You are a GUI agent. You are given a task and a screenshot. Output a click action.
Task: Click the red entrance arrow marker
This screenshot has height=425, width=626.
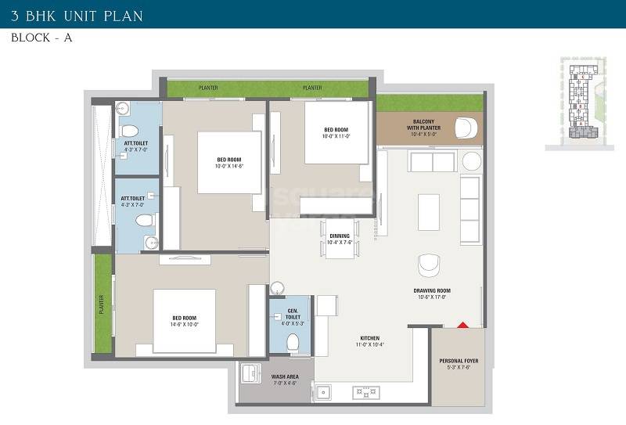(462, 323)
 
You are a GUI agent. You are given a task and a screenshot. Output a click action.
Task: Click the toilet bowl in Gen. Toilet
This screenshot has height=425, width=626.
(293, 341)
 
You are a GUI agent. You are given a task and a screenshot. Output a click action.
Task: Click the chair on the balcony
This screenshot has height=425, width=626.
(467, 125)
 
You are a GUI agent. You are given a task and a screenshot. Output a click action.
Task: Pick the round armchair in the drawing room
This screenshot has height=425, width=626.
(430, 265)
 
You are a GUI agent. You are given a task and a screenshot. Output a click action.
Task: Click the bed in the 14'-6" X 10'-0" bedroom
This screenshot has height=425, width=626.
(185, 322)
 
